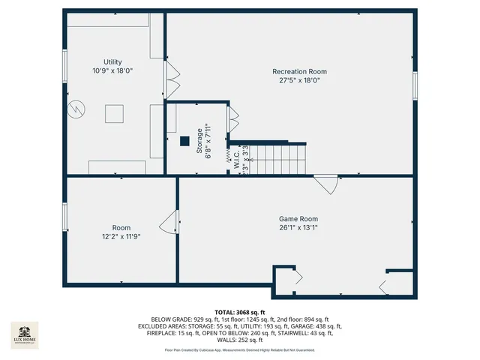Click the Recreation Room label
[299, 72]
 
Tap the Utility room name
[112, 62]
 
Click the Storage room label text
[199, 140]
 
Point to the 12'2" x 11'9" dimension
[121, 236]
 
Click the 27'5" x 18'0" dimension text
[299, 81]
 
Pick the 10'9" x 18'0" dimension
[112, 71]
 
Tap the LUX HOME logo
[24, 336]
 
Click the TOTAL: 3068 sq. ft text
[240, 312]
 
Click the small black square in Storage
[184, 140]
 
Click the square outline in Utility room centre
[114, 115]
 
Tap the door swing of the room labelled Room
[169, 223]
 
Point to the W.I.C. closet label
[236, 160]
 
